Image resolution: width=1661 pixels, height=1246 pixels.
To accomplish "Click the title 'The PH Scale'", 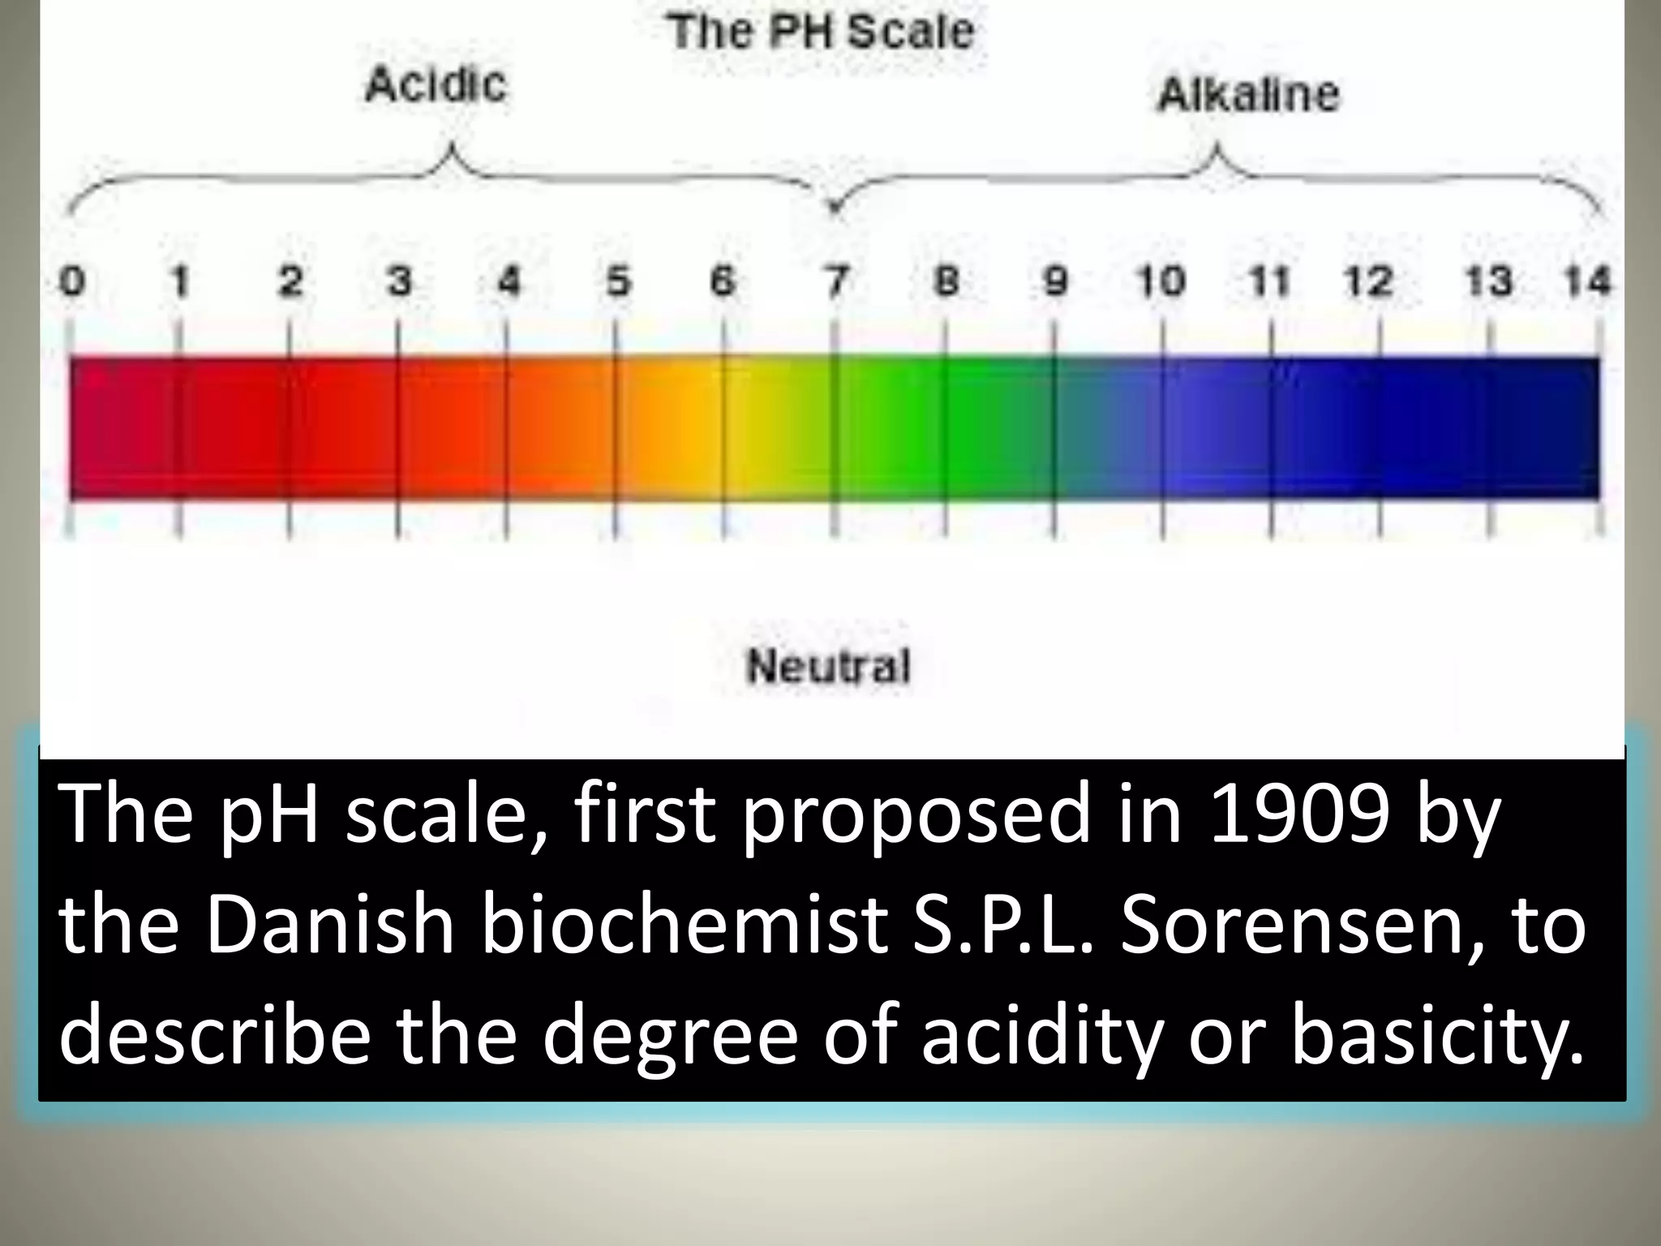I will (x=820, y=32).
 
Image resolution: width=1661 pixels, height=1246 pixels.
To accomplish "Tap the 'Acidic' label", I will (x=436, y=84).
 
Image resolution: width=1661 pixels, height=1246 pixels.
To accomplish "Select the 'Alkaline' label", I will (x=1248, y=95).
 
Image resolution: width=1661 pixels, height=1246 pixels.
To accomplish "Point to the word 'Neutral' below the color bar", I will (x=828, y=667).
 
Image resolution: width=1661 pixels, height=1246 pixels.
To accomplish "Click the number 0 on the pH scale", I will (x=72, y=281).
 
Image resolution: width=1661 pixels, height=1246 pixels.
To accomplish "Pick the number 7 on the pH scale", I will (x=836, y=281).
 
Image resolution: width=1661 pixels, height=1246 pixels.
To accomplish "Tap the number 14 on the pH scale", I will (x=1586, y=281).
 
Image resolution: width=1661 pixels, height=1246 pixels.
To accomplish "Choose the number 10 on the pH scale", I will (x=1161, y=281).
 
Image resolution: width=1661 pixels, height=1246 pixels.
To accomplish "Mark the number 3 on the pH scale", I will (x=398, y=281).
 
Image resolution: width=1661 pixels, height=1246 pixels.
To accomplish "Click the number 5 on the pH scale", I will (x=618, y=281).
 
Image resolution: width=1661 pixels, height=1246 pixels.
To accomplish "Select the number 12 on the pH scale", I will (x=1368, y=281).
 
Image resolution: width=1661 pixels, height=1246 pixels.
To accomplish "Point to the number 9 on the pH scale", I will (x=1054, y=281).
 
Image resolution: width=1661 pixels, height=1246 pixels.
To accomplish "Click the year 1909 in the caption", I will (x=1298, y=813).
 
